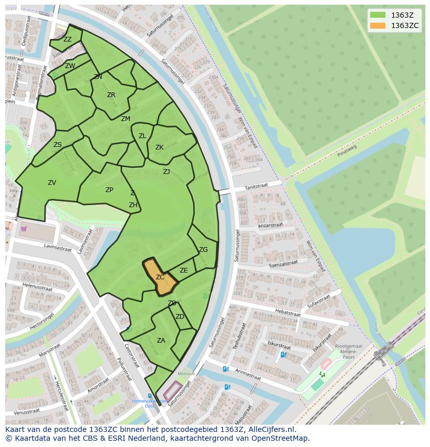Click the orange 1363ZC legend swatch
tap(378, 25)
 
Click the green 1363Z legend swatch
tap(378, 15)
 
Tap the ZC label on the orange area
tap(160, 277)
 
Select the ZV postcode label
tap(52, 183)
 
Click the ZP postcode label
tap(109, 190)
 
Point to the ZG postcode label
tap(203, 250)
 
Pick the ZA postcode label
tap(161, 341)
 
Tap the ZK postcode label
tap(159, 147)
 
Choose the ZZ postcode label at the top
tap(68, 39)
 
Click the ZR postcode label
tap(111, 95)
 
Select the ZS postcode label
tap(58, 145)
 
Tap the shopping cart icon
tap(23, 228)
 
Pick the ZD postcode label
tap(180, 317)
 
